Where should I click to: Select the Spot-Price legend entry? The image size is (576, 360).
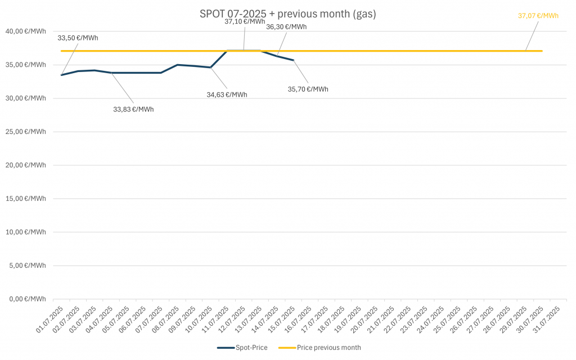[242, 348]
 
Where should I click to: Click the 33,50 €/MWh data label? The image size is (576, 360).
[78, 38]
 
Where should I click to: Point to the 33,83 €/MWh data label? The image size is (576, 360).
[133, 109]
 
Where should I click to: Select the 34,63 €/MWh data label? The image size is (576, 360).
[227, 94]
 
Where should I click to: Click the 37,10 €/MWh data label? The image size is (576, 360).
[245, 21]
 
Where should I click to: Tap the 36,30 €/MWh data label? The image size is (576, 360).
[286, 26]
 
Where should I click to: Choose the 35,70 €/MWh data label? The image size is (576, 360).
[308, 89]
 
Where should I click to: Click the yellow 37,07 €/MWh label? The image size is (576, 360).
[538, 16]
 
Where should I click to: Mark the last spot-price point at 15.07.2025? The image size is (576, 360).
[293, 60]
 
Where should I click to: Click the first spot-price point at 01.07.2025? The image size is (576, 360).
[61, 75]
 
